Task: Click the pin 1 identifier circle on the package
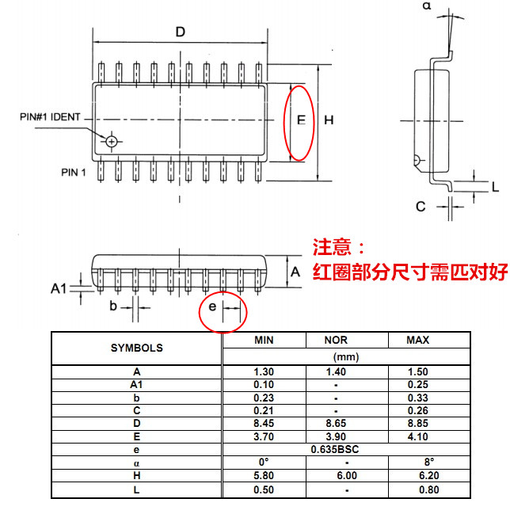coord(112,142)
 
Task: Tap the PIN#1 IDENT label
coord(50,117)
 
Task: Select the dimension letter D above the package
coord(181,32)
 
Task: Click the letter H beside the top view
coord(329,120)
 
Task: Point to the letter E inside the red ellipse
coord(301,120)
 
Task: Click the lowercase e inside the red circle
coord(212,306)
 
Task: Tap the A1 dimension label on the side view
coord(59,289)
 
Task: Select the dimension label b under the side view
coord(113,306)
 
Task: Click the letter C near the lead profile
coord(421,207)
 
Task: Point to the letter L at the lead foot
coord(495,187)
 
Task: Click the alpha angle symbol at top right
coord(427,6)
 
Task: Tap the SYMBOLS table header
coord(137,348)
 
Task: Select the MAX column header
coord(418,340)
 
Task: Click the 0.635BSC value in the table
coord(335,449)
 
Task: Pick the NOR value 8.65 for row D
coord(336,423)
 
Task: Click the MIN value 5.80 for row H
coord(264,475)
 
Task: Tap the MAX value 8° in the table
coord(428,462)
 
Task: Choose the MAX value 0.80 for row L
coord(428,489)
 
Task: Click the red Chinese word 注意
coord(332,247)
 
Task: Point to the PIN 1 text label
coord(74,173)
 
